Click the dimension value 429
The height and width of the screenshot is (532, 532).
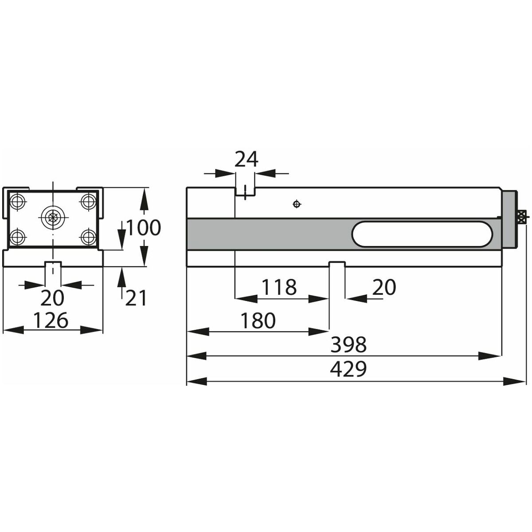point(348,369)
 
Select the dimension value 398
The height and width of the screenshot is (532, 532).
point(348,344)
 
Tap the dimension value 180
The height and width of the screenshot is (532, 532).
point(258,320)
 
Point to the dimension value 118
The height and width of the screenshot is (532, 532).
point(279,287)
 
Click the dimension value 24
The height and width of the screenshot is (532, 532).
point(246,159)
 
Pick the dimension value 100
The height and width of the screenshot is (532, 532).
point(143,227)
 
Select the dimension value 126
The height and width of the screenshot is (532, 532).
point(51,320)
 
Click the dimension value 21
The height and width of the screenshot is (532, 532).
point(135,298)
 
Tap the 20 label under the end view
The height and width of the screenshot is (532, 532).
point(52,298)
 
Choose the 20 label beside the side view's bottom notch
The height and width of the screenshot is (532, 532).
point(384,287)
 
